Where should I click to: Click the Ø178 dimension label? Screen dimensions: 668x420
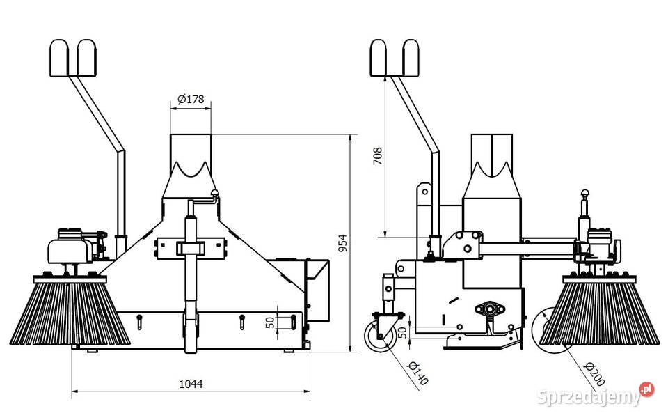(x=191, y=100)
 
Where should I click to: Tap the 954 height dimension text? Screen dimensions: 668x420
(x=343, y=243)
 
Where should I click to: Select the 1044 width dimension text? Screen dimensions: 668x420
(x=191, y=384)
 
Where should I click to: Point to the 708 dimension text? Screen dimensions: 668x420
(x=377, y=156)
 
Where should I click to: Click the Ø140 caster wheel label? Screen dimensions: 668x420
(x=417, y=373)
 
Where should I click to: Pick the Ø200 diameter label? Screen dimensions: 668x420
(x=594, y=374)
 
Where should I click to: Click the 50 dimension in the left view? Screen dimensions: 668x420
(x=270, y=322)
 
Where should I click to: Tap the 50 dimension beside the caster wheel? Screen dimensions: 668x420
(x=403, y=333)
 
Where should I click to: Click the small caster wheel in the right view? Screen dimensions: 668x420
(x=379, y=336)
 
